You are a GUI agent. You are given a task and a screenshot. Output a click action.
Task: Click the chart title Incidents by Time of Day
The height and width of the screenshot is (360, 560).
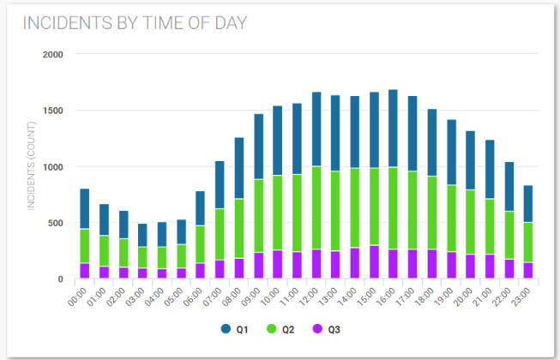click(135, 23)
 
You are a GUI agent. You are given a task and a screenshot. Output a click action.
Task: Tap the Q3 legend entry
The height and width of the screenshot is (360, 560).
click(327, 328)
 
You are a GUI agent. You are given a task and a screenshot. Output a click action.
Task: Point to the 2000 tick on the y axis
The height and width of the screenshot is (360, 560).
click(52, 54)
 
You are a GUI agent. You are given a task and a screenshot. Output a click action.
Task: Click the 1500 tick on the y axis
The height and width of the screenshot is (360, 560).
click(52, 111)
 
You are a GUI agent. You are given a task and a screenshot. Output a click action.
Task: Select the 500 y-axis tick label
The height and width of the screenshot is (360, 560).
click(55, 223)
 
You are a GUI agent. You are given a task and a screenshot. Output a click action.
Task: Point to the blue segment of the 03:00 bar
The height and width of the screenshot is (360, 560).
click(142, 235)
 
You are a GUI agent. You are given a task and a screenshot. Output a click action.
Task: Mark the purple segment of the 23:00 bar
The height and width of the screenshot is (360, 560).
click(528, 270)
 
